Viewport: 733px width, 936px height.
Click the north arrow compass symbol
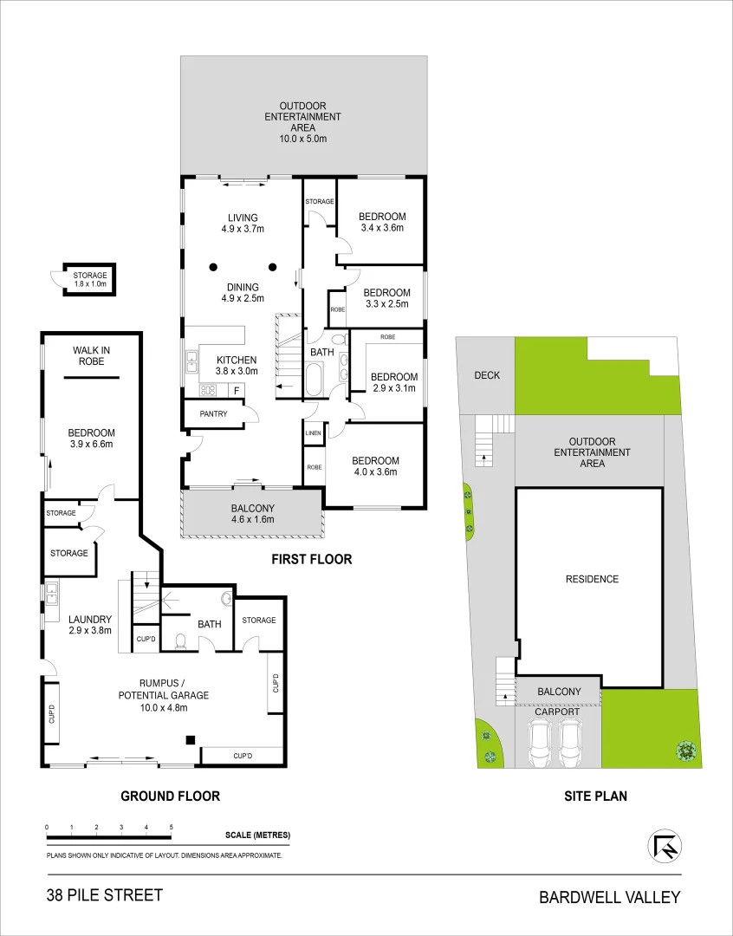pyautogui.click(x=665, y=846)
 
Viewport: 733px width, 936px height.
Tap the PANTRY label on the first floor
pyautogui.click(x=213, y=414)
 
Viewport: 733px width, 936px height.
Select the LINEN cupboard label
pyautogui.click(x=314, y=432)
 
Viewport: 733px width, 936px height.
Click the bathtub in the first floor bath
pyautogui.click(x=314, y=380)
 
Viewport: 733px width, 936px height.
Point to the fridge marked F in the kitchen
pyautogui.click(x=236, y=391)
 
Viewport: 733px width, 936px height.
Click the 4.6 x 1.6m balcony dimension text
pyautogui.click(x=252, y=520)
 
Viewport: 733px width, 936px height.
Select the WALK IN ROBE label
pyautogui.click(x=91, y=355)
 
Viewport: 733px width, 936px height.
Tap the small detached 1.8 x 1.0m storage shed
pyautogui.click(x=90, y=280)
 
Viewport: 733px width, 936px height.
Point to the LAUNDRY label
pyautogui.click(x=90, y=619)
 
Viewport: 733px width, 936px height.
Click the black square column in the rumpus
pyautogui.click(x=191, y=739)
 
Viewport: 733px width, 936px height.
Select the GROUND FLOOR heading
pyautogui.click(x=170, y=796)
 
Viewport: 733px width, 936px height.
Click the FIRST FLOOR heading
pyautogui.click(x=312, y=559)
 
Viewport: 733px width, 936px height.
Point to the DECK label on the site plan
pyautogui.click(x=486, y=375)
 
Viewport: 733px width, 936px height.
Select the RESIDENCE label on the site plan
pyautogui.click(x=593, y=579)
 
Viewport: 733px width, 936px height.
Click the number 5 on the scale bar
pyautogui.click(x=172, y=828)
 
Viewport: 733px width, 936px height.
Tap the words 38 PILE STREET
pyautogui.click(x=105, y=895)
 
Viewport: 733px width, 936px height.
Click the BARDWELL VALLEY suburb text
pyautogui.click(x=610, y=897)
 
